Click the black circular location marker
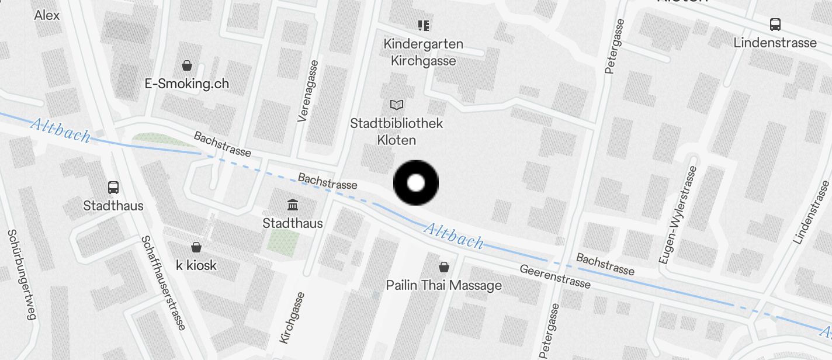pyautogui.click(x=415, y=183)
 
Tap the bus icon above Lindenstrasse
pyautogui.click(x=775, y=25)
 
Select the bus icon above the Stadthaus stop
pyautogui.click(x=113, y=188)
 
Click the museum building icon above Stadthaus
pyautogui.click(x=292, y=205)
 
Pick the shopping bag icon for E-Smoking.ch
pyautogui.click(x=187, y=65)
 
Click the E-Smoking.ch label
pyautogui.click(x=187, y=84)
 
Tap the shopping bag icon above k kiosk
pyautogui.click(x=196, y=247)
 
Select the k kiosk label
pyautogui.click(x=196, y=265)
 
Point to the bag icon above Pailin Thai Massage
pyautogui.click(x=444, y=267)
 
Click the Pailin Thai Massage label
pyautogui.click(x=444, y=285)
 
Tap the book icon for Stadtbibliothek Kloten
pyautogui.click(x=397, y=105)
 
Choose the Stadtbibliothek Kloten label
pyautogui.click(x=397, y=131)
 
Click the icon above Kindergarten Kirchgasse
pyautogui.click(x=424, y=25)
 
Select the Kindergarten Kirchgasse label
pyautogui.click(x=424, y=52)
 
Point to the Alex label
pyautogui.click(x=47, y=15)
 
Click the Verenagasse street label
pyautogui.click(x=309, y=91)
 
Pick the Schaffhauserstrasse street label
pyautogui.click(x=164, y=283)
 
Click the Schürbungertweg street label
pyautogui.click(x=22, y=275)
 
